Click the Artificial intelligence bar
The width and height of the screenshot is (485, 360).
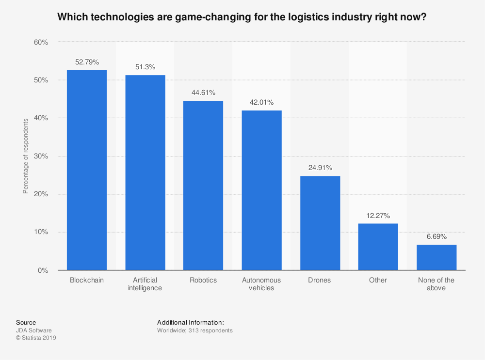145,172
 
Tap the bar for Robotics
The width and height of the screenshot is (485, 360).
203,185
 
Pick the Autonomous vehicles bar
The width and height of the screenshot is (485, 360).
261,190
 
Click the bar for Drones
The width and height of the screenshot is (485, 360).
320,223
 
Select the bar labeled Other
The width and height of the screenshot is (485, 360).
378,247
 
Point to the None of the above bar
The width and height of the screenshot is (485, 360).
436,257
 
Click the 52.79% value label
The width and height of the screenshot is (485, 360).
87,62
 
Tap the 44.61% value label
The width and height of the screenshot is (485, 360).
203,93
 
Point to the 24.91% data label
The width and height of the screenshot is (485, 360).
320,168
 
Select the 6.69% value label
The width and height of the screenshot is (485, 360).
436,237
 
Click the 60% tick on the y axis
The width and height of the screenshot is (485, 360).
41,43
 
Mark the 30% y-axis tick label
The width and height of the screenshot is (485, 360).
41,157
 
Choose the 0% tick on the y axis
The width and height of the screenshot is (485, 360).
43,270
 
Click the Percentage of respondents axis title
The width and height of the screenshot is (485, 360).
26,156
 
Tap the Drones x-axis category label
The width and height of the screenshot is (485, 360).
320,280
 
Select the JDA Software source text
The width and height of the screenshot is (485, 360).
33,330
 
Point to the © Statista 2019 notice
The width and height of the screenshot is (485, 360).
36,338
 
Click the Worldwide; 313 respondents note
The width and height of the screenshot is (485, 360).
195,330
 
